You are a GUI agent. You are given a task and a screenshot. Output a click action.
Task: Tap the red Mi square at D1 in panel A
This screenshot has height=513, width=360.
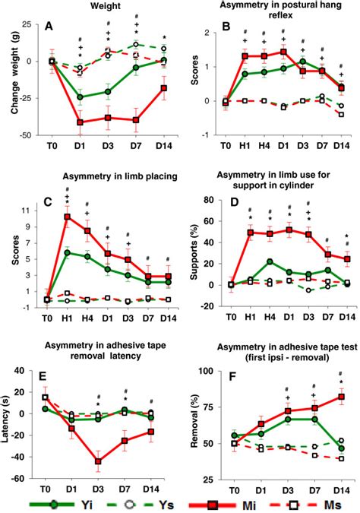pos(81,122)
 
